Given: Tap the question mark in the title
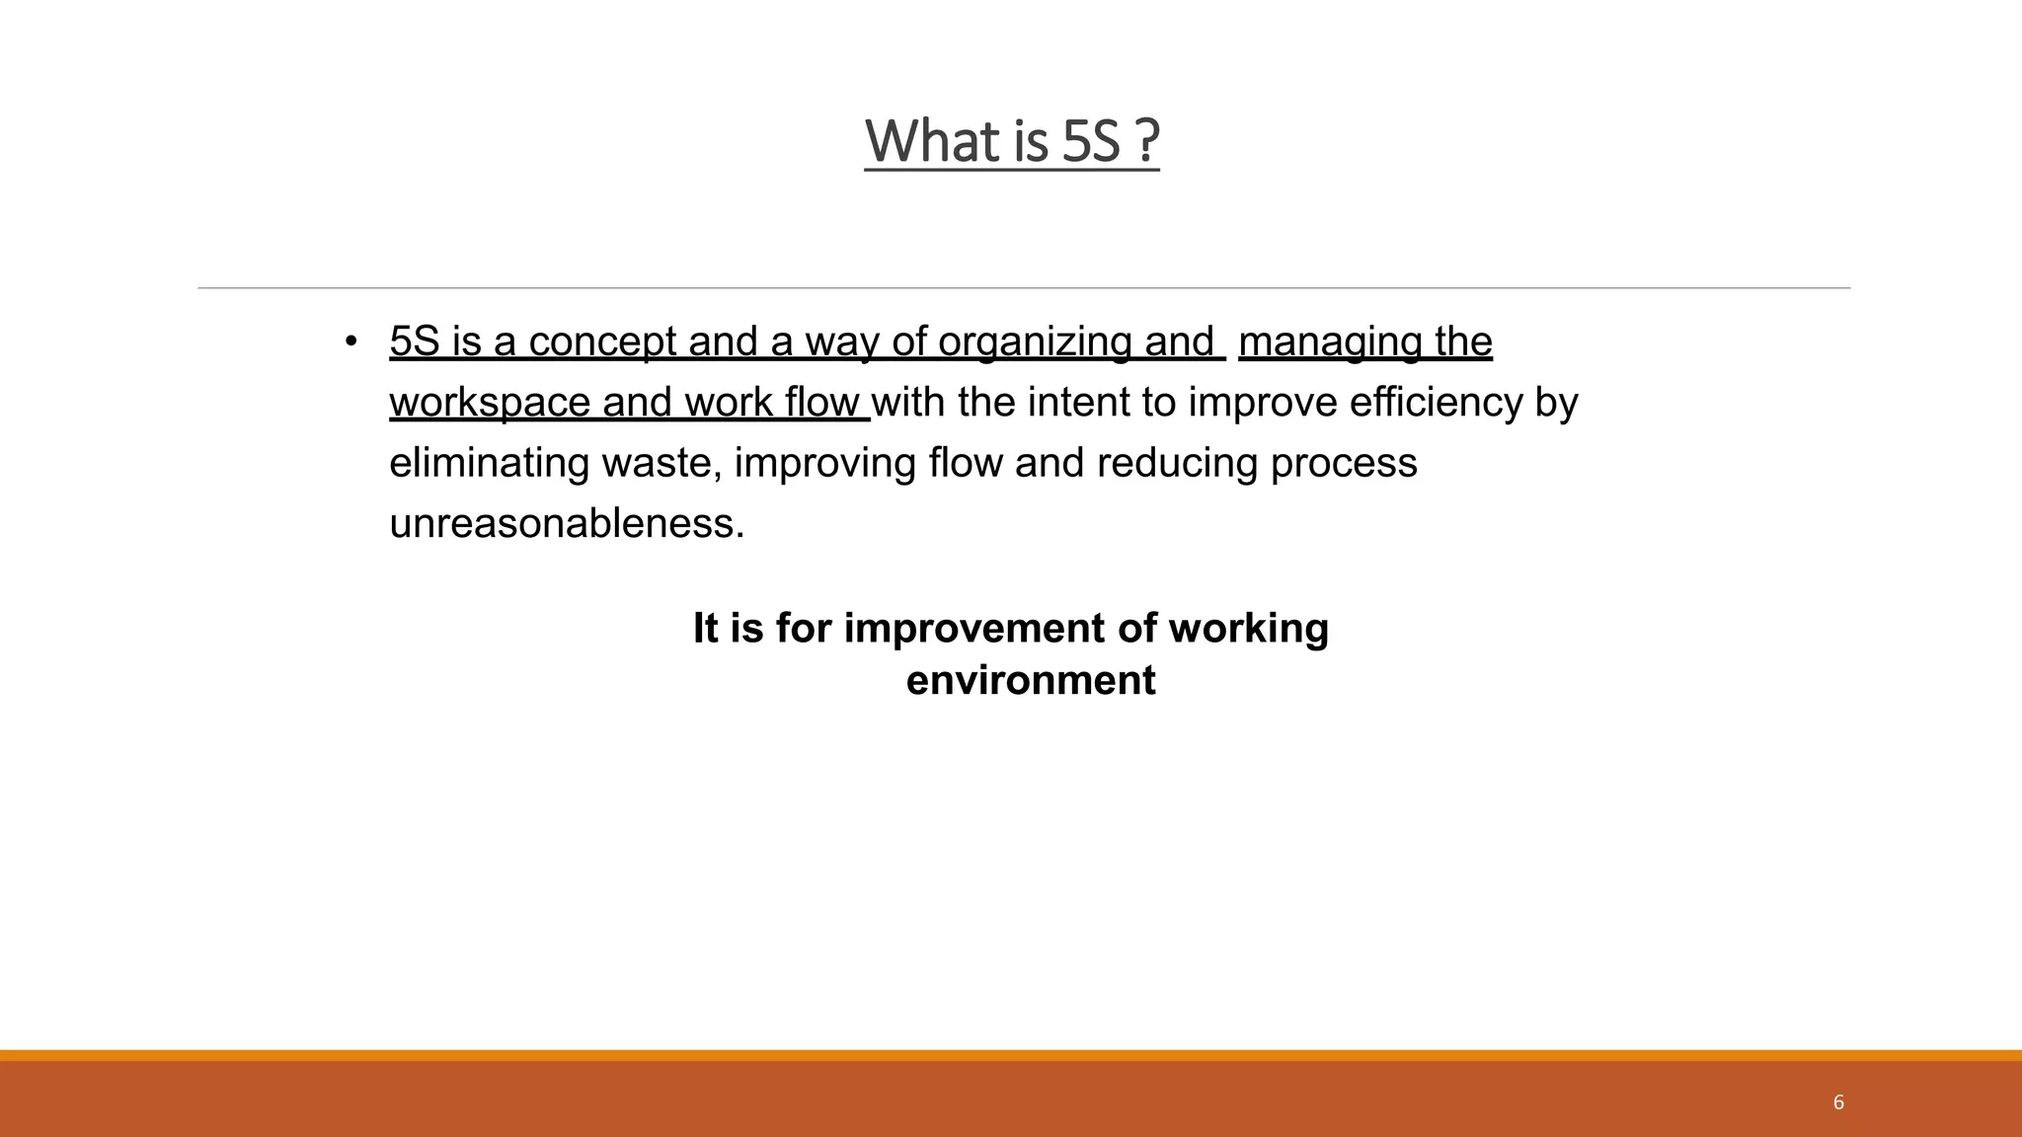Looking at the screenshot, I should coord(1146,141).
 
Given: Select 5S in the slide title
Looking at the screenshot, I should coord(1091,141).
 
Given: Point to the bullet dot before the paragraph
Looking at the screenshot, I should coord(350,341).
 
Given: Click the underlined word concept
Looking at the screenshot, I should coord(602,341).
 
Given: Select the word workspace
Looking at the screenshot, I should coord(490,403).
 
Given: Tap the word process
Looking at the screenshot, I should coord(1344,463).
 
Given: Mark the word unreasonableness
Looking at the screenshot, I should coord(567,523).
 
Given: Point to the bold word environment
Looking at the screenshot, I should coord(1031,680).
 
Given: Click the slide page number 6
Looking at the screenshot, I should coord(1838,1102).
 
